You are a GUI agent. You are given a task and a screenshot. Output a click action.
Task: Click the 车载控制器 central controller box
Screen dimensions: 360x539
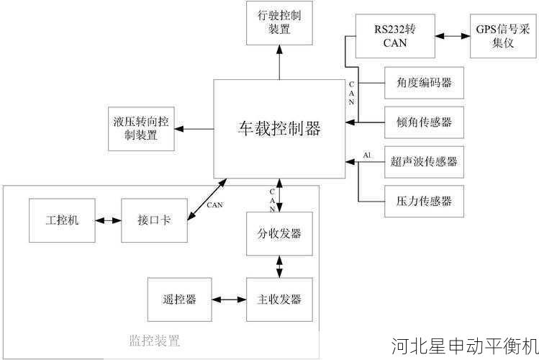point(279,129)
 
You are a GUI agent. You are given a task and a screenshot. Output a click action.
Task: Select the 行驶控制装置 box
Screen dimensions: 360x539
point(279,22)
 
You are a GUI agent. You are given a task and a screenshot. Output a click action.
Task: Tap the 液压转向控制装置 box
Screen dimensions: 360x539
point(141,128)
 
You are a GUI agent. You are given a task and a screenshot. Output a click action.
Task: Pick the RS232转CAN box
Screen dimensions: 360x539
point(394,36)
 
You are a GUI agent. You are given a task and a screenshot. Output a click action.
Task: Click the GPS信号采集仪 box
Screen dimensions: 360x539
point(502,36)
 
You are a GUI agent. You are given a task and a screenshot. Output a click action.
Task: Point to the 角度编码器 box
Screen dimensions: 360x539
point(424,83)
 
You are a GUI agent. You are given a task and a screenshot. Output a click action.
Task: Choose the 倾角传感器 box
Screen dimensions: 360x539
point(424,122)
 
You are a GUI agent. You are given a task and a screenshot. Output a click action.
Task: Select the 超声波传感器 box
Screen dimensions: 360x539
point(424,161)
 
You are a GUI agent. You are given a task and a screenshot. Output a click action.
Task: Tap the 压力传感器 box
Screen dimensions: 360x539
point(424,199)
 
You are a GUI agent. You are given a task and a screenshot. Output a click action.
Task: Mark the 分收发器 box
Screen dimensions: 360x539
point(279,234)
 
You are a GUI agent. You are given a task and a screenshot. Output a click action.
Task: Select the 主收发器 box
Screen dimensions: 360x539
point(279,300)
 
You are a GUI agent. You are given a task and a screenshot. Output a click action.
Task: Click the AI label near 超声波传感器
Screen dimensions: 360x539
point(367,156)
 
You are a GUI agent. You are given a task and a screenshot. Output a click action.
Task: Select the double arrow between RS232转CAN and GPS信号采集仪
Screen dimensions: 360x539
point(452,36)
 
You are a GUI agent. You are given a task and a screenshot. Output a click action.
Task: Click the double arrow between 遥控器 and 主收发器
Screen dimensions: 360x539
point(229,300)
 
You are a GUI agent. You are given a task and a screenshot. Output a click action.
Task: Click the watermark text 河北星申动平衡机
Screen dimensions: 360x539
point(464,346)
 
